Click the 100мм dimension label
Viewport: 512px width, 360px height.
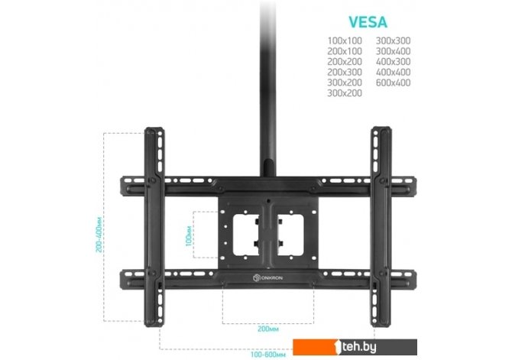(x=189, y=235)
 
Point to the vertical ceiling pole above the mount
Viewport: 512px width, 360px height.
(x=267, y=76)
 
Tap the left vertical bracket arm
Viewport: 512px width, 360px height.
(x=155, y=229)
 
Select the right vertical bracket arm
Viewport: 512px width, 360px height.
(x=379, y=229)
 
